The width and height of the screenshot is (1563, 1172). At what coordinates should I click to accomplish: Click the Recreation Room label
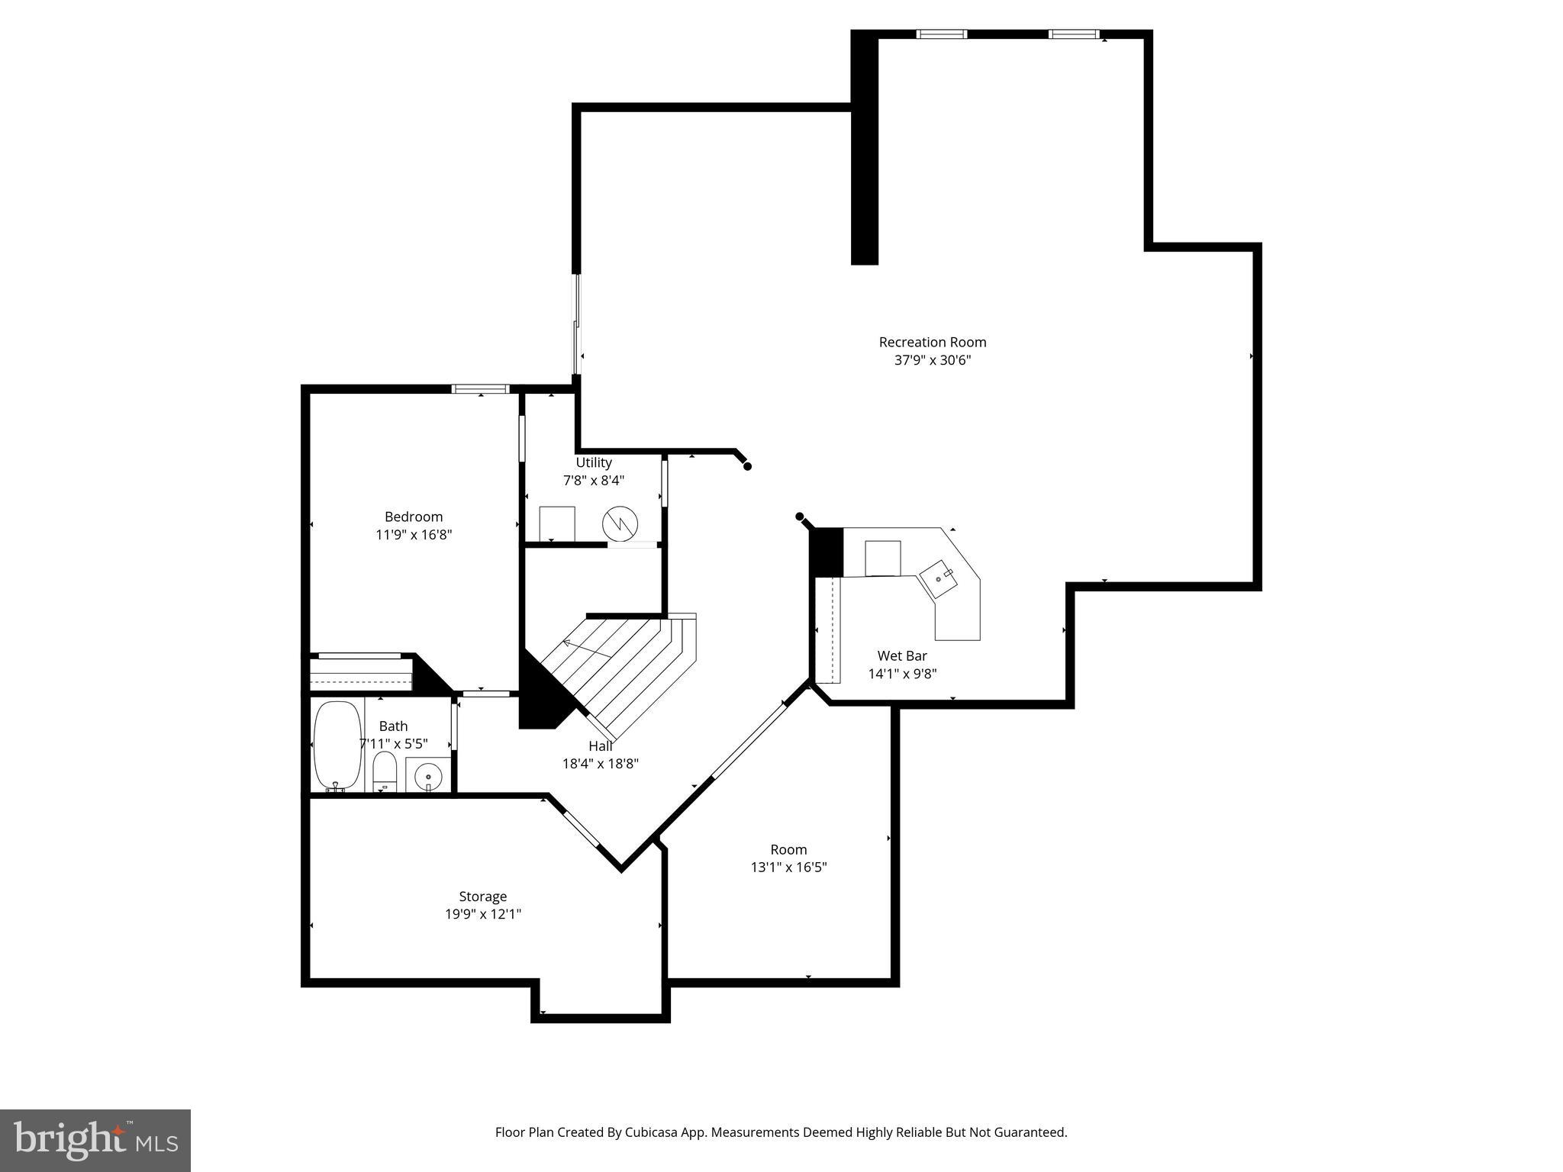point(932,342)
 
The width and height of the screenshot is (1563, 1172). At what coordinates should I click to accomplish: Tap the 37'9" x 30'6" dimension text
point(932,360)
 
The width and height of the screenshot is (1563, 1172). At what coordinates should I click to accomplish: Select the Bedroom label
point(413,517)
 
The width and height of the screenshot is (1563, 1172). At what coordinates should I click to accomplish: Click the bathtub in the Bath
point(337,745)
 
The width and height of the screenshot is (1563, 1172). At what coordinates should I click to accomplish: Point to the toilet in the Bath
point(385,771)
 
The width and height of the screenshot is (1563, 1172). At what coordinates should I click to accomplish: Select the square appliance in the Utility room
point(557,523)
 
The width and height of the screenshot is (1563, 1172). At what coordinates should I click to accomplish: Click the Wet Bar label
point(902,655)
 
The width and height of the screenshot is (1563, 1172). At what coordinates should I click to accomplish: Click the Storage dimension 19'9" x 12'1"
point(482,914)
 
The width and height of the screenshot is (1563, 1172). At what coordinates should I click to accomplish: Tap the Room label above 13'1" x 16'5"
point(788,849)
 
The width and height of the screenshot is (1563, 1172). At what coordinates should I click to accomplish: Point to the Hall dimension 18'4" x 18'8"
point(600,763)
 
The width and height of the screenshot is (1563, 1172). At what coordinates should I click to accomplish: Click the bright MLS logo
point(95,1141)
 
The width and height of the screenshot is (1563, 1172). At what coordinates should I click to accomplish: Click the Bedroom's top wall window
point(480,389)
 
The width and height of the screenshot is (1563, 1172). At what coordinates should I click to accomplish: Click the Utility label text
point(593,462)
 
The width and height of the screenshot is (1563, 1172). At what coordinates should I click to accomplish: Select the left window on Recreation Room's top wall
point(941,34)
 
